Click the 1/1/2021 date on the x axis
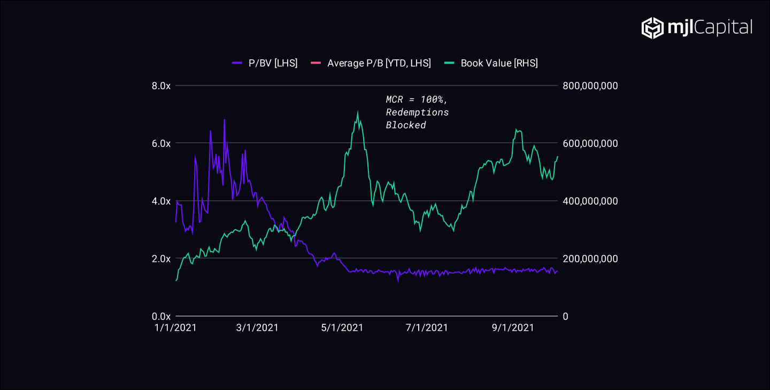click(176, 328)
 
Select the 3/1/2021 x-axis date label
click(257, 328)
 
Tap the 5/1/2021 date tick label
click(342, 328)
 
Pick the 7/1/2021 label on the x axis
click(427, 328)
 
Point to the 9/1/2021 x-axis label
click(512, 328)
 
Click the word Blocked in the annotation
click(406, 125)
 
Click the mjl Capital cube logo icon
click(652, 28)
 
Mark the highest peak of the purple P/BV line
click(225, 120)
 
